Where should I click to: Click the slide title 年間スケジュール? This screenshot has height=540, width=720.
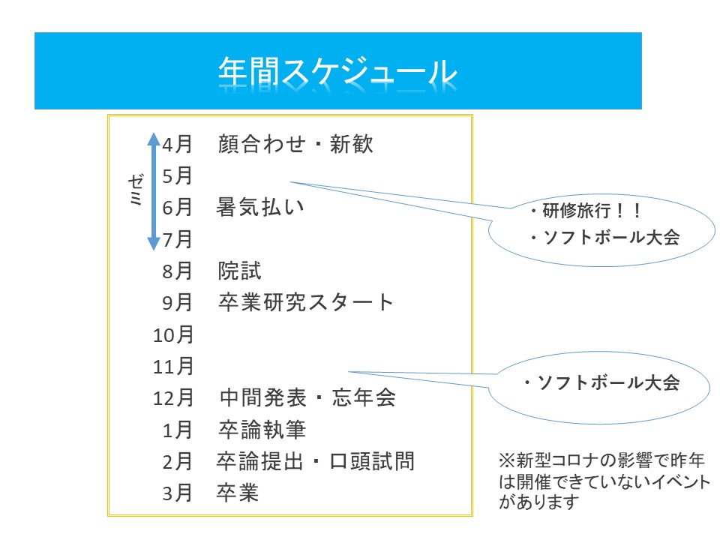[337, 72]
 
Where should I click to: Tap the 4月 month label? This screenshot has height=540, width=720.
[177, 143]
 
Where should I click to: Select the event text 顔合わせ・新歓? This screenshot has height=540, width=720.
[295, 143]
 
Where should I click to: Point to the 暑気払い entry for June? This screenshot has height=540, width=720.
[261, 206]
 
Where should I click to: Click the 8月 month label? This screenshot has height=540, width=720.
[177, 270]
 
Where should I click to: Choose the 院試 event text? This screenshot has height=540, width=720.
[240, 270]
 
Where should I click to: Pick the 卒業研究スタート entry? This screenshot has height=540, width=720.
[306, 302]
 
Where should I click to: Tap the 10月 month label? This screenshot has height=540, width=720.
[173, 334]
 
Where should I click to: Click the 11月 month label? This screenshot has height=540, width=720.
[173, 366]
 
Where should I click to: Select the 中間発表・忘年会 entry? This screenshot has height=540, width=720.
[307, 397]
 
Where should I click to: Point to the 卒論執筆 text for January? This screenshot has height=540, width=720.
[262, 430]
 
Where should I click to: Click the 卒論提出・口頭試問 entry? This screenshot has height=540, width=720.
[316, 461]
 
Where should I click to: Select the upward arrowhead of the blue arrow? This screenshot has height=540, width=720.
[153, 139]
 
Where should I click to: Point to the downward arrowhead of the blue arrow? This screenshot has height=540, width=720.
[153, 243]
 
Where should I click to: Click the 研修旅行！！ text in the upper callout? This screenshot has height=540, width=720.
[585, 211]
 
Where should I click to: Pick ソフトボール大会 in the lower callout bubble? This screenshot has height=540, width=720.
[600, 383]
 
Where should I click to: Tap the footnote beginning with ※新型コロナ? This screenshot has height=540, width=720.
[604, 479]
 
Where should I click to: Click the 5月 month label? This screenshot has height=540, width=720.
[177, 175]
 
